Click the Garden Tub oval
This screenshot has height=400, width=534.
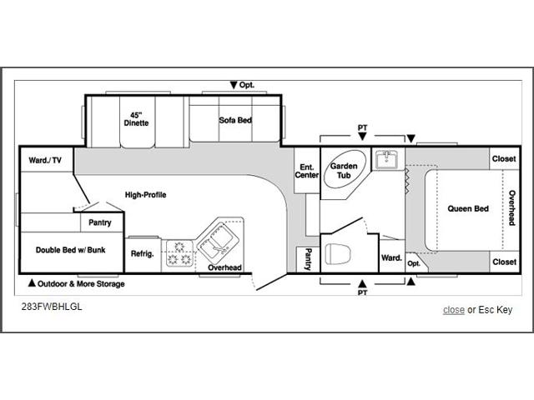coord(345,168)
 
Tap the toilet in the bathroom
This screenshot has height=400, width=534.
coord(338,253)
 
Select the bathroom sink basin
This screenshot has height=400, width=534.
coord(387,159)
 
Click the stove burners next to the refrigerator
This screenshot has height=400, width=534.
coord(179,254)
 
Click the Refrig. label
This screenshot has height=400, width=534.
coord(143,253)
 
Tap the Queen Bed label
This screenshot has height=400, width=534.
coord(468,208)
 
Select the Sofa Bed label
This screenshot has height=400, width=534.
coord(235,120)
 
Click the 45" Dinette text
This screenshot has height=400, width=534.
coord(136,119)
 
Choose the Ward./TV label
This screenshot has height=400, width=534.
coord(45,160)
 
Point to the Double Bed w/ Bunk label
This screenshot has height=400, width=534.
coord(70,250)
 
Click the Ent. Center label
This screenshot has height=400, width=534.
coord(307,171)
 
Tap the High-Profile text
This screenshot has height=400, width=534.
coord(145,195)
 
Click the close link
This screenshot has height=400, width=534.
coord(454,310)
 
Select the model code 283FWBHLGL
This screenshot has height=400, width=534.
coord(52,307)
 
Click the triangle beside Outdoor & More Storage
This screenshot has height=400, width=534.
coord(32,282)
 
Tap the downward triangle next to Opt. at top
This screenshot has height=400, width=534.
coord(234,85)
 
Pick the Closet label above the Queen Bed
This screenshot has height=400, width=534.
coord(504,159)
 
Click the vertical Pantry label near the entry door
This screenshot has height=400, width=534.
coord(308,259)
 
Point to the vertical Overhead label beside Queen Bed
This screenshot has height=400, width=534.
coord(511,207)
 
